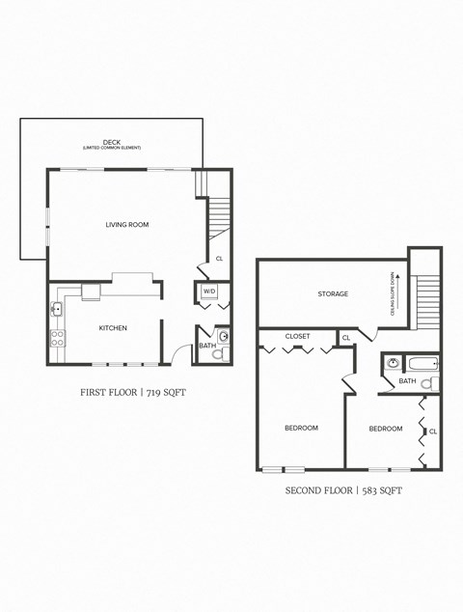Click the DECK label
[x=111, y=142]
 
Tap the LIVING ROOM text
[x=127, y=225]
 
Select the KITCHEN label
[x=113, y=328]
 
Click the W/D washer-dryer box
[x=209, y=291]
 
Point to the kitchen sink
[x=58, y=310]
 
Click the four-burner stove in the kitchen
[x=58, y=338]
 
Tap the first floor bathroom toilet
[x=217, y=354]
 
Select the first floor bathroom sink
[x=224, y=337]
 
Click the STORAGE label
[x=333, y=293]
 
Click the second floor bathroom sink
[x=394, y=364]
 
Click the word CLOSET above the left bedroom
[x=297, y=337]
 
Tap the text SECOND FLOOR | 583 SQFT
[x=342, y=490]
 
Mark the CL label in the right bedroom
[x=432, y=431]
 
